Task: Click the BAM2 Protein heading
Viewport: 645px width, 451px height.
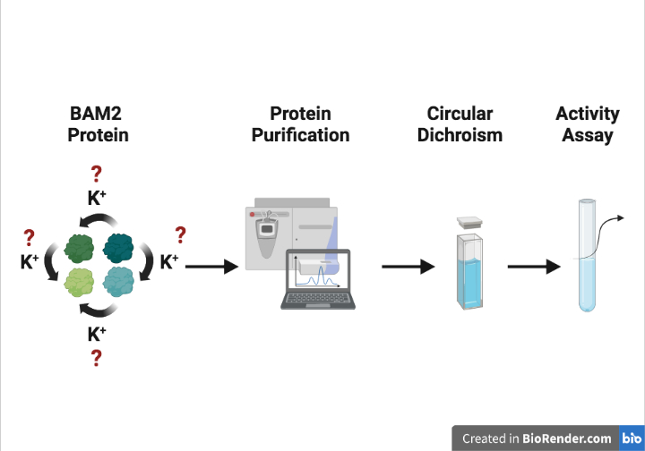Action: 99,125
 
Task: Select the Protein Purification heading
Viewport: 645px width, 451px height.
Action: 300,125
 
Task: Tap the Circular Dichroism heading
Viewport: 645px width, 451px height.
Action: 460,125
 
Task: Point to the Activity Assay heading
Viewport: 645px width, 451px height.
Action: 588,125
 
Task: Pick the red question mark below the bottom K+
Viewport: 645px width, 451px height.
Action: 97,359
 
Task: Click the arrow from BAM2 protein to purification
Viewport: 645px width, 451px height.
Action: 212,267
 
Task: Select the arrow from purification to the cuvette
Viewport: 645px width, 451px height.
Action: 408,267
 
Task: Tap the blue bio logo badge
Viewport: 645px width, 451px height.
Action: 631,438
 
